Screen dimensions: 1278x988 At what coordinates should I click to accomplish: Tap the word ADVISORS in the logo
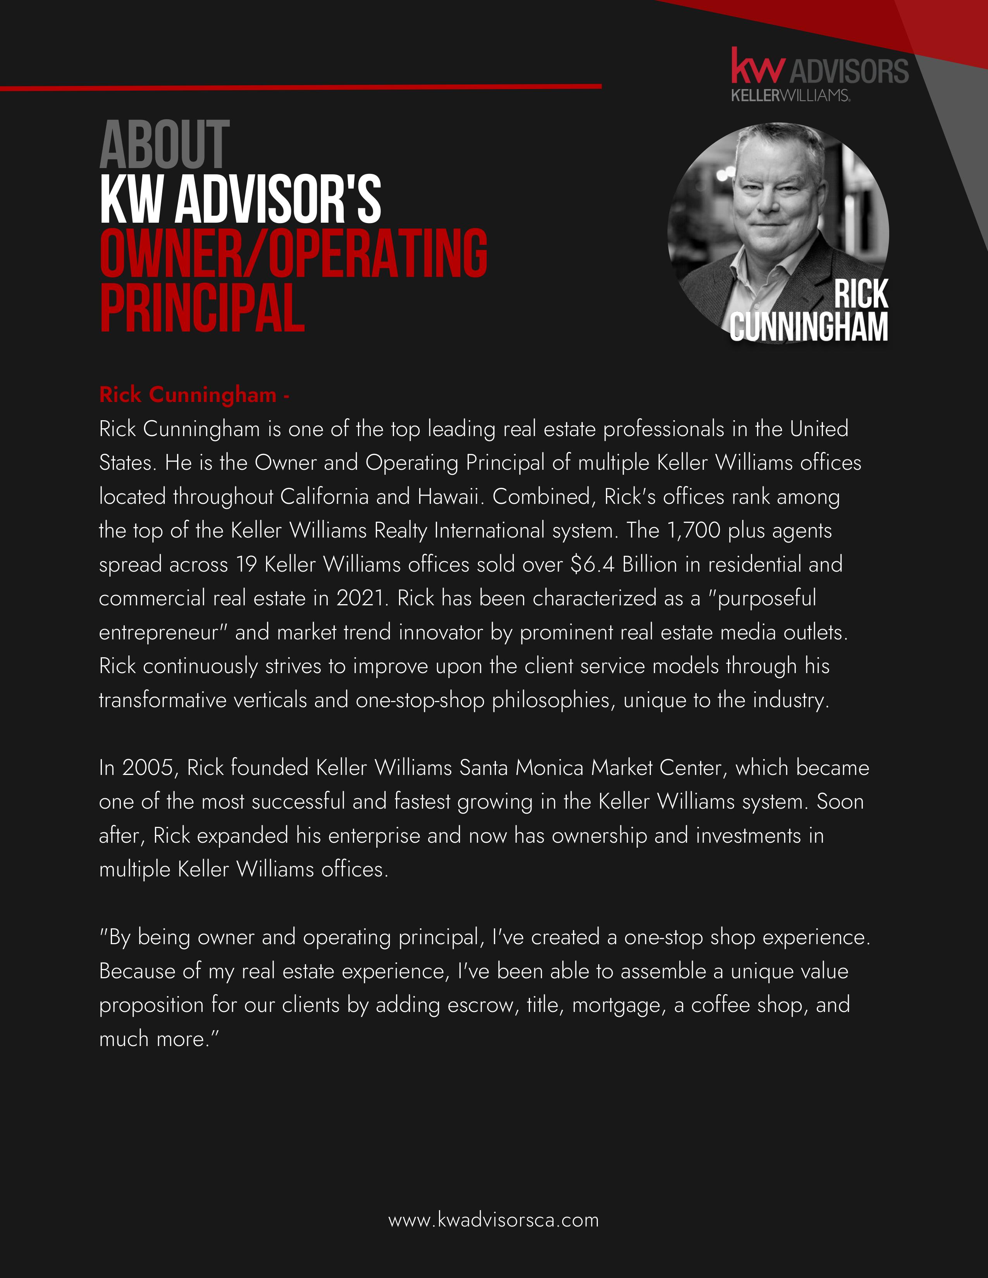849,71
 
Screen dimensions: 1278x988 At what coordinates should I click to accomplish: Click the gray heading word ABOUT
164,145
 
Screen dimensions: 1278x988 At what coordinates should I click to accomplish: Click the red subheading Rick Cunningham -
195,395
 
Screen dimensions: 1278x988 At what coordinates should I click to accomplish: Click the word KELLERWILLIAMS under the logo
790,95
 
